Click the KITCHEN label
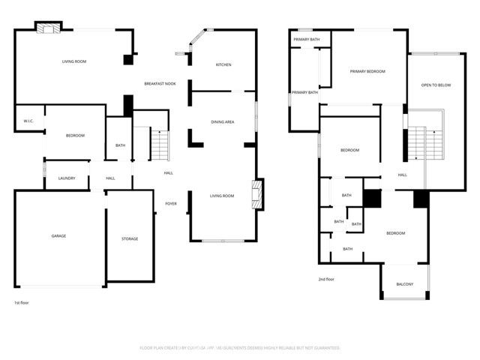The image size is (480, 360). click(223, 65)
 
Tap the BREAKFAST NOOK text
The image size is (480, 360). click(160, 83)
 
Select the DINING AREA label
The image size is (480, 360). click(223, 121)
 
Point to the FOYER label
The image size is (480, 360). click(171, 203)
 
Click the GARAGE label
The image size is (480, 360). click(58, 236)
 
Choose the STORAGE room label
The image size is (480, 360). click(130, 238)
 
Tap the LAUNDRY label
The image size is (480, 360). click(67, 178)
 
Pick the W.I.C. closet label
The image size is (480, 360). click(28, 121)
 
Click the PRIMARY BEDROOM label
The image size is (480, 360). click(367, 71)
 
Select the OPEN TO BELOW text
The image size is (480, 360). click(436, 85)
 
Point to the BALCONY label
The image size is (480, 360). click(405, 283)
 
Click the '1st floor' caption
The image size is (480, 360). click(22, 303)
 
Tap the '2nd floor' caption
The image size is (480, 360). click(326, 279)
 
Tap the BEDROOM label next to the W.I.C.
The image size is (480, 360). click(75, 135)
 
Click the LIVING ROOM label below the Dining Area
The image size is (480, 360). click(222, 196)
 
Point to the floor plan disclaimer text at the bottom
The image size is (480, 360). click(240, 348)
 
